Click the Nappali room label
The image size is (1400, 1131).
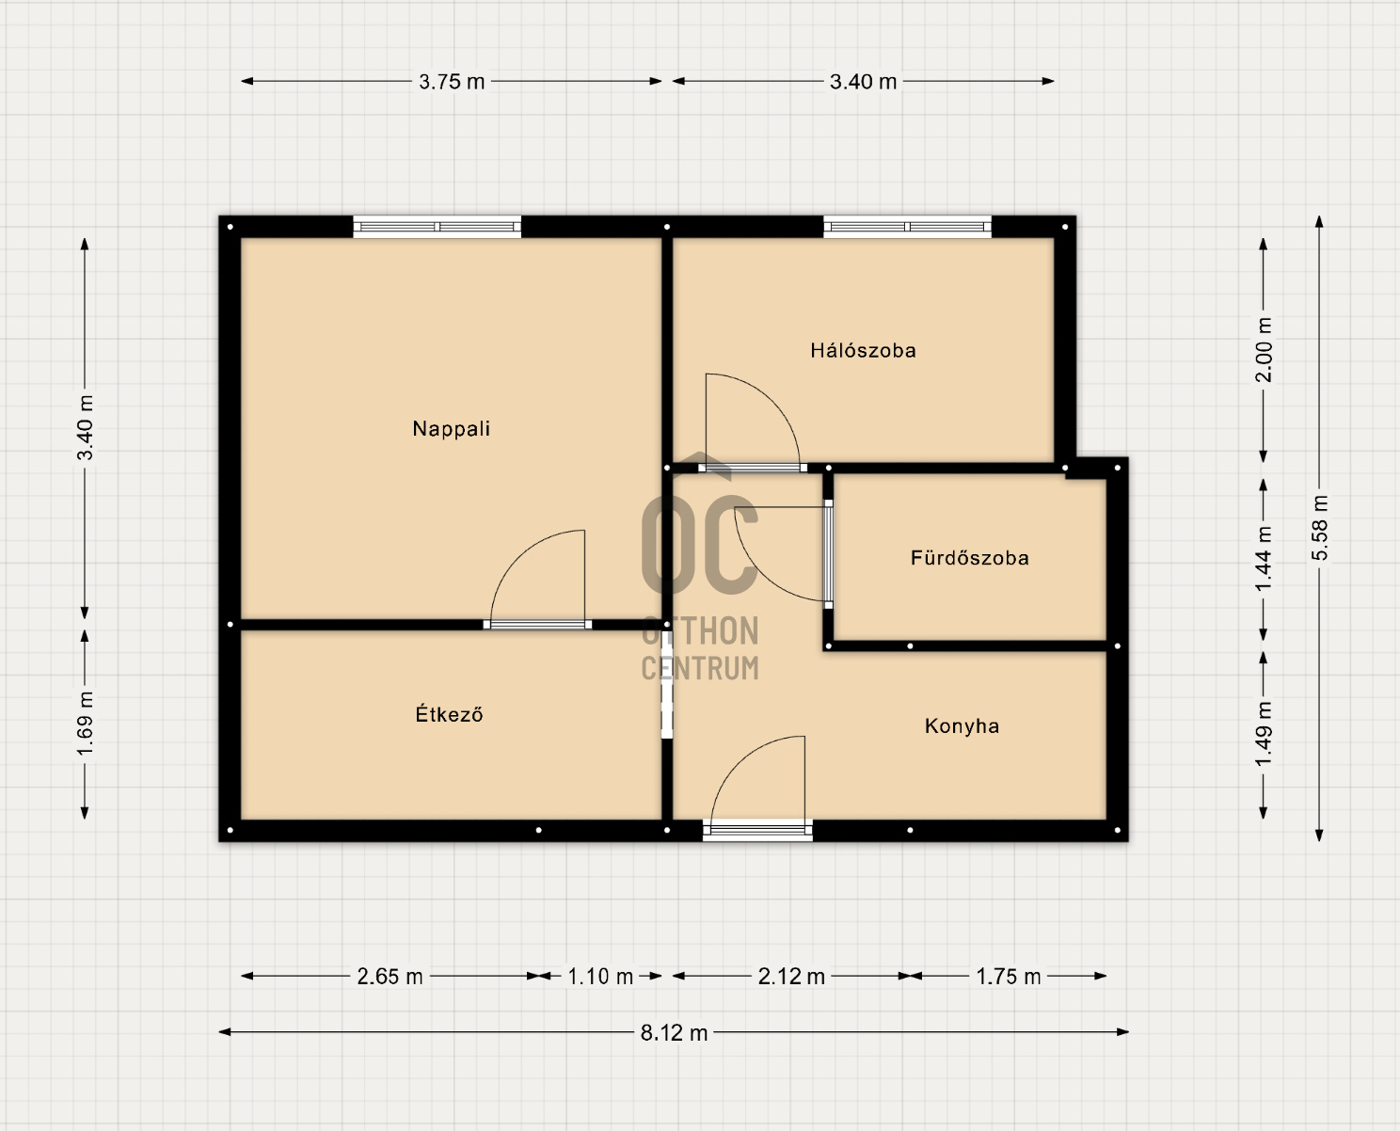(x=451, y=428)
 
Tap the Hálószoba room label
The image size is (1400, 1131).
(x=863, y=350)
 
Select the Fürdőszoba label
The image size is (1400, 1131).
(x=969, y=558)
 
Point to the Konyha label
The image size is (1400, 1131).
(x=962, y=725)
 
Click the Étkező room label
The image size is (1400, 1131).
(x=450, y=713)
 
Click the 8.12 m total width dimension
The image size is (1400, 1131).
(x=674, y=1032)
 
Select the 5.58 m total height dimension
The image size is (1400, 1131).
(x=1319, y=528)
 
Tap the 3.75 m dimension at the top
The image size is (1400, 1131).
(x=452, y=82)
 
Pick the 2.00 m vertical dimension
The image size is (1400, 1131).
(x=1264, y=350)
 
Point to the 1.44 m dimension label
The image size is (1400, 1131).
(x=1264, y=559)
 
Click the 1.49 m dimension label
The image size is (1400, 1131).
(x=1264, y=734)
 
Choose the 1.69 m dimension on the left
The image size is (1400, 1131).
(x=85, y=724)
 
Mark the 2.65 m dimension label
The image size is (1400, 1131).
(x=390, y=977)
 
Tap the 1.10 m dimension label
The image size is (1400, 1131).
(x=600, y=977)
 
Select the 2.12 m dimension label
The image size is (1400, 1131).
(x=791, y=977)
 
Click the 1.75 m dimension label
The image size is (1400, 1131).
(x=1009, y=977)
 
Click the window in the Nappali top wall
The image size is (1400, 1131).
(x=437, y=227)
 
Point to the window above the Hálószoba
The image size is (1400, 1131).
(x=907, y=227)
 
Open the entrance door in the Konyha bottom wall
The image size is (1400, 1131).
(x=757, y=830)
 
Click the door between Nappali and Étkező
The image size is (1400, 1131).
(x=537, y=625)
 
